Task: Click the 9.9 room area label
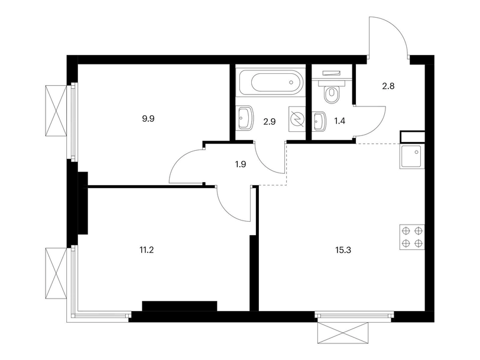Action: click(148, 119)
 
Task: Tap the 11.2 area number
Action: click(147, 250)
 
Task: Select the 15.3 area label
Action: click(343, 250)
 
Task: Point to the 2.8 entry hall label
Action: click(388, 86)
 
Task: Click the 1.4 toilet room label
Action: click(339, 121)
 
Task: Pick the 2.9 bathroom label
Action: click(270, 122)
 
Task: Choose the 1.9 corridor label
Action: click(241, 164)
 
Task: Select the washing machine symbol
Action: click(297, 119)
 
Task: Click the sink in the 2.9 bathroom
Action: click(245, 118)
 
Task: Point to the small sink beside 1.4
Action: click(319, 121)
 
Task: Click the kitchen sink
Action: click(412, 157)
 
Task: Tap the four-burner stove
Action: click(412, 237)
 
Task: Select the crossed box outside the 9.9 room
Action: click(56, 111)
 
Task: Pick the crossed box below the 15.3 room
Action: click(342, 333)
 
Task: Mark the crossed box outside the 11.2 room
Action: click(56, 273)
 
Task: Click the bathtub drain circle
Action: click(291, 82)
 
